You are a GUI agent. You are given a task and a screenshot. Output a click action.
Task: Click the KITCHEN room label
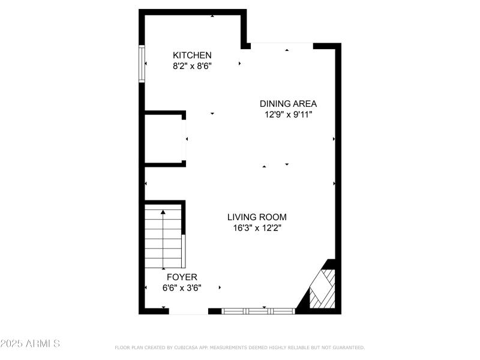[192, 55]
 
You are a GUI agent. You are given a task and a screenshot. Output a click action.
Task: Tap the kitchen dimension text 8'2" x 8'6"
[192, 67]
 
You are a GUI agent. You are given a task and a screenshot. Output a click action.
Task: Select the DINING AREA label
[288, 103]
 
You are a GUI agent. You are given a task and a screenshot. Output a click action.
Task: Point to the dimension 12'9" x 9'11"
[288, 114]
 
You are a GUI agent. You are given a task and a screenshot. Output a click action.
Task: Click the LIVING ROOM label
[257, 217]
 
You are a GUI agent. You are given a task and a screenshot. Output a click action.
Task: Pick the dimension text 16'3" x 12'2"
[257, 227]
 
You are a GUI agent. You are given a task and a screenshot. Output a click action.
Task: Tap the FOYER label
[182, 277]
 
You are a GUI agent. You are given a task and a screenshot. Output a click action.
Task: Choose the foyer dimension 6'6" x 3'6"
[182, 287]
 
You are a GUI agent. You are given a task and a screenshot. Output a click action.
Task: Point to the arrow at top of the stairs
[164, 212]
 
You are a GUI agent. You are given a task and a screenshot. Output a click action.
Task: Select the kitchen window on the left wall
[142, 64]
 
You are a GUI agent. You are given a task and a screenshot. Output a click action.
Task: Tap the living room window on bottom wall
[258, 311]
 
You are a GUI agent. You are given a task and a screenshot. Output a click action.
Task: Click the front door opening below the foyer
[188, 312]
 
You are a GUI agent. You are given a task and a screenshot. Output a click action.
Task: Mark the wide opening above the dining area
[282, 44]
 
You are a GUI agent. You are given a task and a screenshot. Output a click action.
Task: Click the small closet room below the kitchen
[163, 139]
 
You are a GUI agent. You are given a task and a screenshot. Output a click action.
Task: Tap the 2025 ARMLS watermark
[30, 344]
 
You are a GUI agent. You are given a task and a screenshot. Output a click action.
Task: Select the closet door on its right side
[184, 139]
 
